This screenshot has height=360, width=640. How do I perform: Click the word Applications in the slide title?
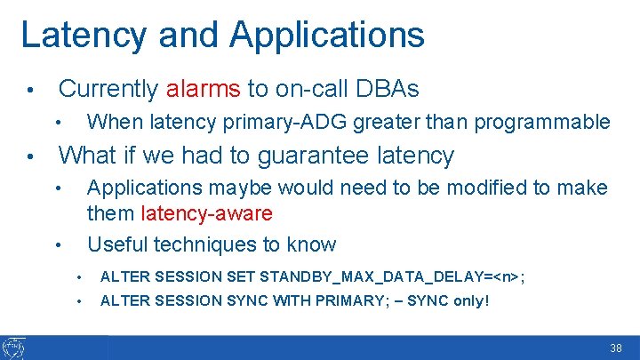326,36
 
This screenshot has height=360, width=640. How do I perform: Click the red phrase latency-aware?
206,214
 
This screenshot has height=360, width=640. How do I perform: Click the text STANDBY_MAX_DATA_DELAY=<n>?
392,276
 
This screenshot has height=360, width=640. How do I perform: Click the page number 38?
616,349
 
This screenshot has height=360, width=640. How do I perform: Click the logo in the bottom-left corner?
14,348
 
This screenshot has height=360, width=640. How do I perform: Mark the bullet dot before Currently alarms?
29,91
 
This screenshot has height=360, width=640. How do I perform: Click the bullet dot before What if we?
29,157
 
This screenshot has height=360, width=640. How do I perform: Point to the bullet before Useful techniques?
57,245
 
